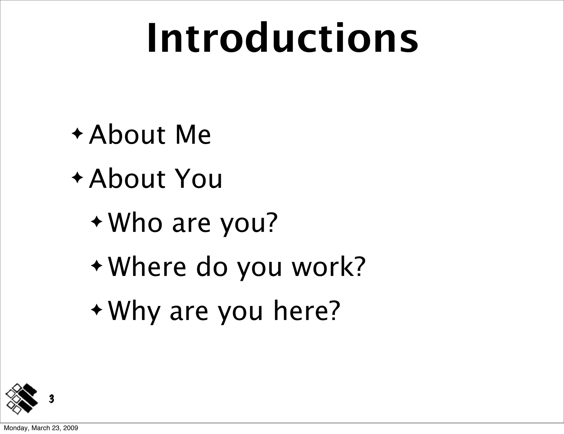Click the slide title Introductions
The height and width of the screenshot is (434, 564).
[x=283, y=38]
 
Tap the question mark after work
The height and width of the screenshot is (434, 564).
[x=360, y=267]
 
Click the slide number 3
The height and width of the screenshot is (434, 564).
[x=51, y=398]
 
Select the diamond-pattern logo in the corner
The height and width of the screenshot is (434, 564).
[x=21, y=398]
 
